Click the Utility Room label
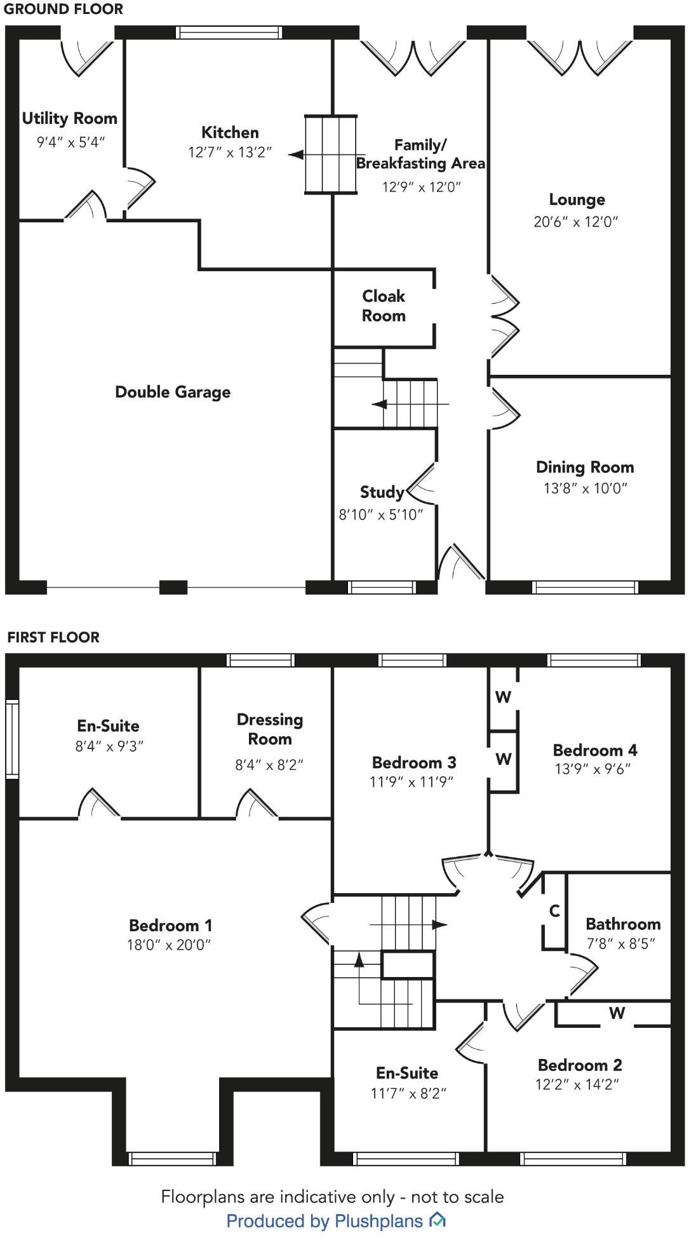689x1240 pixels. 69,118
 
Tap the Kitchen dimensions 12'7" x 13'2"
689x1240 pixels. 229,152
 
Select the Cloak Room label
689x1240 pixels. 384,306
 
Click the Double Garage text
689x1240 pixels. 173,392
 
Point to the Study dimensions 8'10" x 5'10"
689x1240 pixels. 380,515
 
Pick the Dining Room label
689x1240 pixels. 585,467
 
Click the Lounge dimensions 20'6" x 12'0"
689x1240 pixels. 575,222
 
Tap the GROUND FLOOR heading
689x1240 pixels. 64,9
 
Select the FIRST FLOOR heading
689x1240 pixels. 53,637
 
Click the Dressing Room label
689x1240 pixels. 270,729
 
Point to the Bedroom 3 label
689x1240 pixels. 414,762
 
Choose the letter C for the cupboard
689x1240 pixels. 554,911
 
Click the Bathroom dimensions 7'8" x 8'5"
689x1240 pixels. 620,943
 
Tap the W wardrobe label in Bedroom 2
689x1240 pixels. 617,1013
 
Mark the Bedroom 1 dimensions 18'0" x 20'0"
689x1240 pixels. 168,945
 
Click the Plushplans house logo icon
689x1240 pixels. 438,1220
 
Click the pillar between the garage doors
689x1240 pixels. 173,587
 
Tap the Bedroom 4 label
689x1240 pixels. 595,750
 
